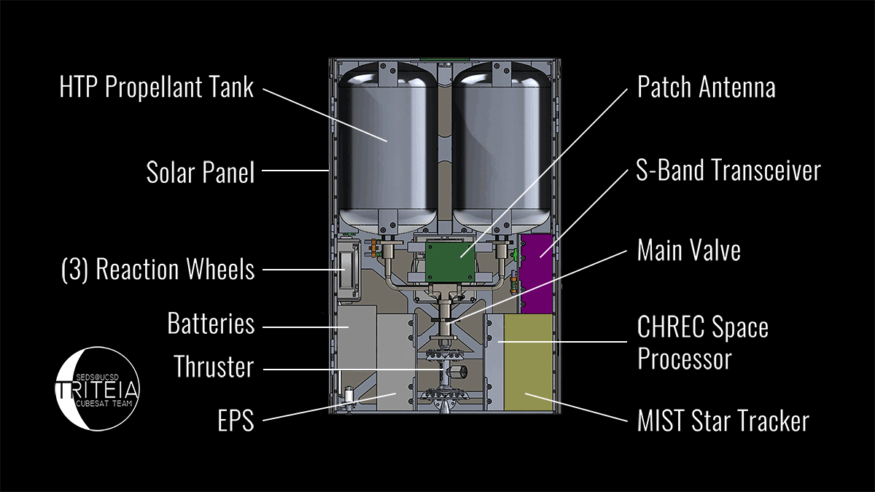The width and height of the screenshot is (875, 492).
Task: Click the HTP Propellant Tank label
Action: click(156, 88)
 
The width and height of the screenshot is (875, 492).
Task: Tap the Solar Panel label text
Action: click(201, 173)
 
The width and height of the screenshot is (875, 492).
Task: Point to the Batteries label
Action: click(211, 323)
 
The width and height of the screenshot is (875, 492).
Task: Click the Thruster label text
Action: click(214, 367)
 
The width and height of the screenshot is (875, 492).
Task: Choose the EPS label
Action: click(236, 421)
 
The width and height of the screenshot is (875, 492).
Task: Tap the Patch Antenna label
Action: click(706, 88)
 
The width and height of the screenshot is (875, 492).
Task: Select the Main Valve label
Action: click(688, 251)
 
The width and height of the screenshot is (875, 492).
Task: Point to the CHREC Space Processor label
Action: click(702, 343)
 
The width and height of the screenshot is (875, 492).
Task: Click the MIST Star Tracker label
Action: click(723, 421)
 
